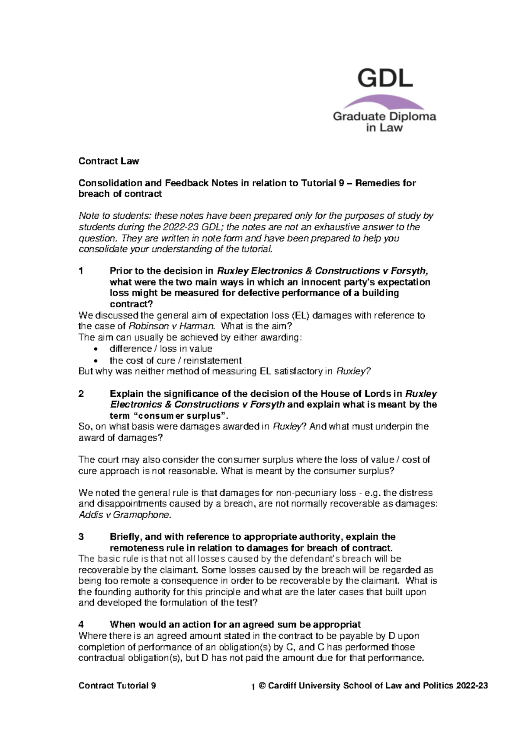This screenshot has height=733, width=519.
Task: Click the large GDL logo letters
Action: click(384, 79)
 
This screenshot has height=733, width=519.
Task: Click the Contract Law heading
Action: click(109, 161)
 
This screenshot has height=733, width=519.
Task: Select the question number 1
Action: click(81, 271)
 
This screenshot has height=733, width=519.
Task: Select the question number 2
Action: click(81, 394)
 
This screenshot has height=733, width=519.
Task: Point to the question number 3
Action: click(81, 537)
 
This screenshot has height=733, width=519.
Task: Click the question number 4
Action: click(81, 625)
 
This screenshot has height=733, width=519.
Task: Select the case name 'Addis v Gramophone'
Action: click(125, 515)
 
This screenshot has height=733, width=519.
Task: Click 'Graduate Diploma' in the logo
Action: click(384, 116)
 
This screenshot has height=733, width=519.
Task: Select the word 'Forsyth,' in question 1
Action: click(410, 271)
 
